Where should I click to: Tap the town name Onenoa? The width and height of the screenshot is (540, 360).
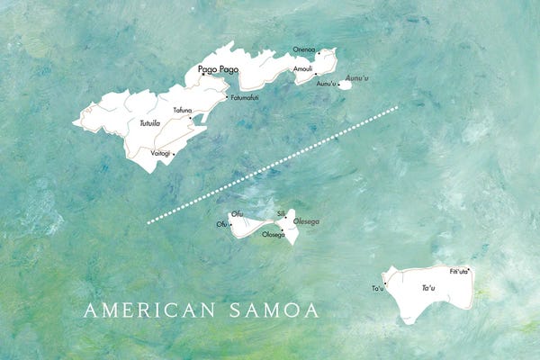point(305,49)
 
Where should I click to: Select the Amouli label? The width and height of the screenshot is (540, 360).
point(302,67)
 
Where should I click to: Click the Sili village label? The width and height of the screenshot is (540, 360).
point(281,213)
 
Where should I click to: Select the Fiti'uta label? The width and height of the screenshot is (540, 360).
point(459,270)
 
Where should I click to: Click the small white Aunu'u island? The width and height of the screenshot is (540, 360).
point(345,85)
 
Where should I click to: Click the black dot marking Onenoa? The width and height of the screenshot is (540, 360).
point(318,54)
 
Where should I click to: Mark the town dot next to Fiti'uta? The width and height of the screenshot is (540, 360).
point(468,269)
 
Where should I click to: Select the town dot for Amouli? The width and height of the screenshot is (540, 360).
point(315,74)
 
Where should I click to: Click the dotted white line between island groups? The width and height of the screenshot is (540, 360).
point(270,165)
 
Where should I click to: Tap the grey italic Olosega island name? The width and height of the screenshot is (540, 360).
point(306,220)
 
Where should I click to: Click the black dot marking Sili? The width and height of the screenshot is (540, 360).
point(286,217)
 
